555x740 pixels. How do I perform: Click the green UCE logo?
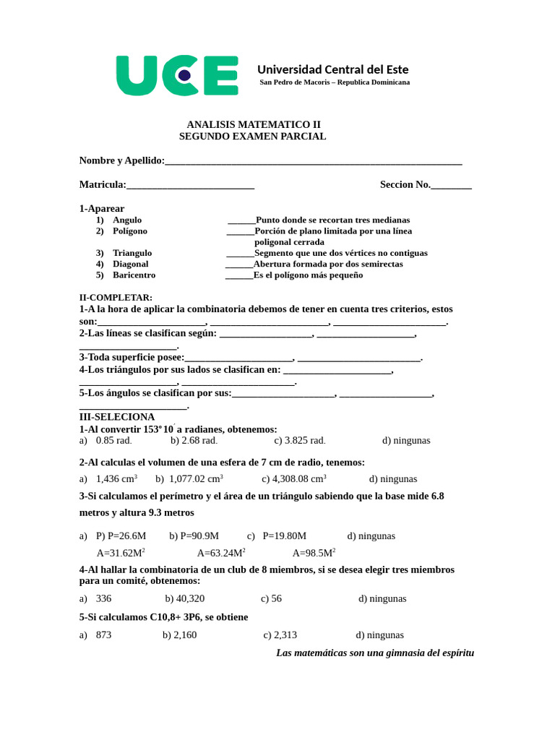177,75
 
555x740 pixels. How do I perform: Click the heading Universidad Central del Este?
332,69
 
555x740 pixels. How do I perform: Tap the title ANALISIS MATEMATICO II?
253,124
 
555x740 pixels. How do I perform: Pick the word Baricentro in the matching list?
134,275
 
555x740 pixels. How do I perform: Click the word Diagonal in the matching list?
130,264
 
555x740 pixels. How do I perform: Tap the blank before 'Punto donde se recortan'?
241,220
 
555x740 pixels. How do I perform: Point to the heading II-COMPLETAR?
116,298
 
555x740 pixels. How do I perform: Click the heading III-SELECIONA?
116,417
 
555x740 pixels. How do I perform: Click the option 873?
103,635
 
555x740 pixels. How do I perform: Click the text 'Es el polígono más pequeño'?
309,275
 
